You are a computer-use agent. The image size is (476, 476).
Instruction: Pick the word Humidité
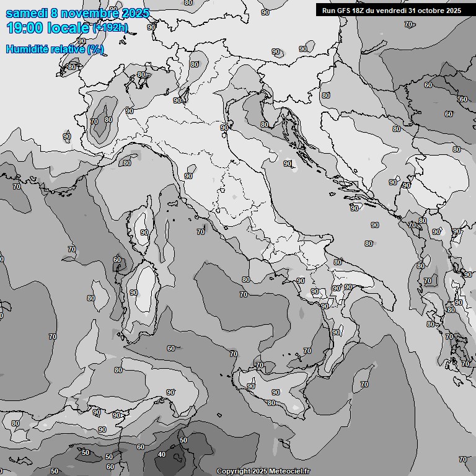pos(26,49)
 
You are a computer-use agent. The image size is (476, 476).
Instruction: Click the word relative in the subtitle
pos(66,49)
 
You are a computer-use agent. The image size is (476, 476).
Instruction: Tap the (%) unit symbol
pos(95,49)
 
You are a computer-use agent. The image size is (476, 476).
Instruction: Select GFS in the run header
pos(342,11)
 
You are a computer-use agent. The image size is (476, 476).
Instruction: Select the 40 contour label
pos(162,454)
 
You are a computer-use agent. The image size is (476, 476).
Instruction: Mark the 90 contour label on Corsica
pos(144,232)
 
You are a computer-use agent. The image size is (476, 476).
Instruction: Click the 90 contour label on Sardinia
pos(133,293)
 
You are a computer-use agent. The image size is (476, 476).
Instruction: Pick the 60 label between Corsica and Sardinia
pos(117,260)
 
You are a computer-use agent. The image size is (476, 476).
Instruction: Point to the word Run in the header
pos(328,11)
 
